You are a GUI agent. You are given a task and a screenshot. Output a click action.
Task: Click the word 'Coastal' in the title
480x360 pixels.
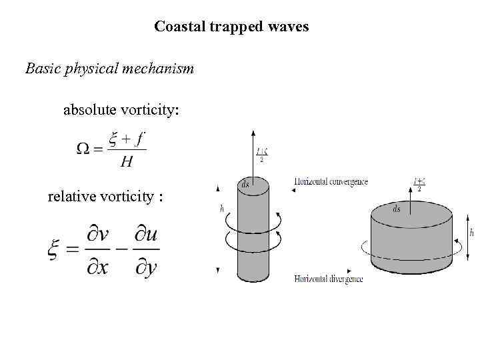(177, 27)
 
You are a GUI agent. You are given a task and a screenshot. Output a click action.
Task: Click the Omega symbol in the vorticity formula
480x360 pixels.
(83, 149)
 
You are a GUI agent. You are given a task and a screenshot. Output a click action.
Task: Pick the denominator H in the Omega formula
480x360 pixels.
(125, 161)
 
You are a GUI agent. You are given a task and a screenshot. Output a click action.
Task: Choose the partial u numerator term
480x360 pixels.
(146, 237)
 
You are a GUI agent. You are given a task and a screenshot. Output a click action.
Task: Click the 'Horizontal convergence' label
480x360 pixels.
(331, 182)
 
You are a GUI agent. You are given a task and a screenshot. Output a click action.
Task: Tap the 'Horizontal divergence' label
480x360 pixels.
(329, 279)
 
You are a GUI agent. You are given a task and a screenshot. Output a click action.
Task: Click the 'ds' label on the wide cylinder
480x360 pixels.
(397, 209)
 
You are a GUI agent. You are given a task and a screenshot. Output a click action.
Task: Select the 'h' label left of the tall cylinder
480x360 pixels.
(222, 208)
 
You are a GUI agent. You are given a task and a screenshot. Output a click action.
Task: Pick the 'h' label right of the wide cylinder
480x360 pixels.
(472, 233)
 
